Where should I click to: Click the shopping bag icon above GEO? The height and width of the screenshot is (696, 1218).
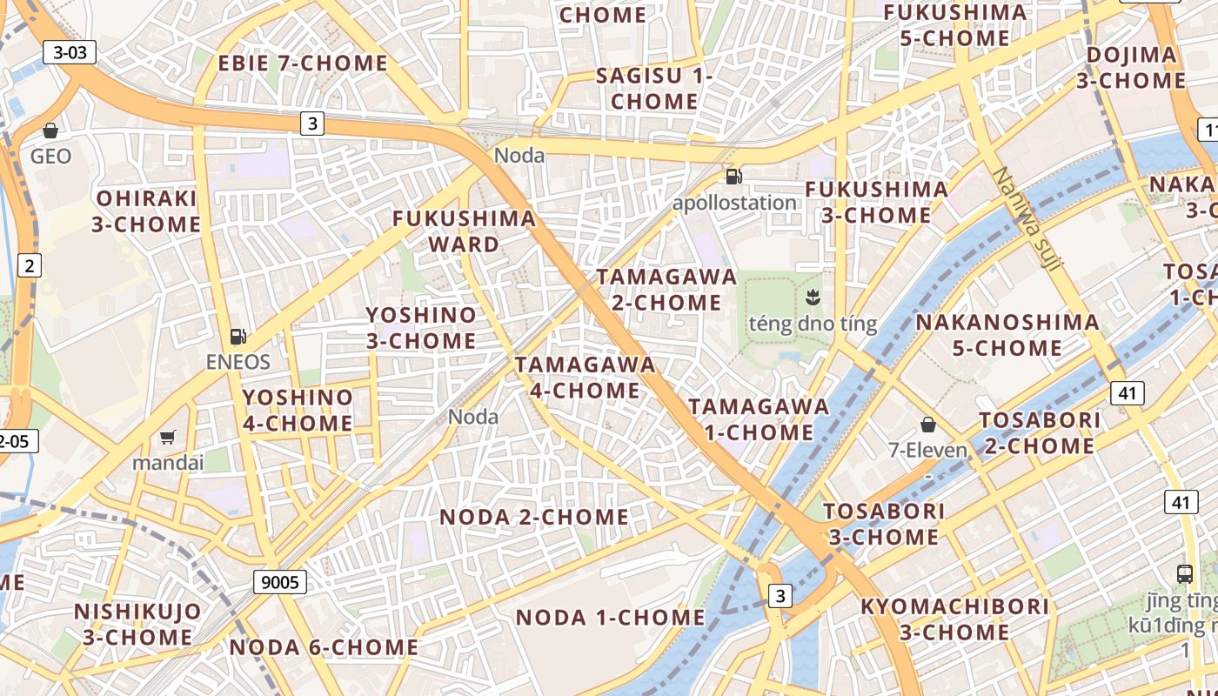50,130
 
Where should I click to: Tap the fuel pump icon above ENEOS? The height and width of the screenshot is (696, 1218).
238,336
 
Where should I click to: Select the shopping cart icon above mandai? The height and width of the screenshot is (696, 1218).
167,437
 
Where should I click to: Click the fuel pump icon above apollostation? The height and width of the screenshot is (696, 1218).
734,177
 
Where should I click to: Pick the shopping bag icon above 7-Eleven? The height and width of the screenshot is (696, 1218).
928,425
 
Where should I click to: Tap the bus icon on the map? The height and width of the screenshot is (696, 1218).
1184,573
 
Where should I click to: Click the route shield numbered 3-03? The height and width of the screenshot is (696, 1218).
70,52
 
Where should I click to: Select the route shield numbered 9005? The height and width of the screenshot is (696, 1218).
280,582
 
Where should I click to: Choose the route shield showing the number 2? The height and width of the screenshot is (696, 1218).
30,265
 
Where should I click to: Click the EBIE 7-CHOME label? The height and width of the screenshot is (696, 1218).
303,64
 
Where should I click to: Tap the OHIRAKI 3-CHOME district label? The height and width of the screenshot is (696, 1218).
146,211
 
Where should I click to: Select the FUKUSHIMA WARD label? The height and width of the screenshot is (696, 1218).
464,231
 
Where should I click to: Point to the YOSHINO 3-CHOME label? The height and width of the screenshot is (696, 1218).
421,327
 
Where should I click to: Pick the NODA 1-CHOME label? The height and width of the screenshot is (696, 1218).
610,618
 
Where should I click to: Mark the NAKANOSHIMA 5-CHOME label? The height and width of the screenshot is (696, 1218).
1007,335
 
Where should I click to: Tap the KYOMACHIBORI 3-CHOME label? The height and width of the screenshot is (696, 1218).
954,619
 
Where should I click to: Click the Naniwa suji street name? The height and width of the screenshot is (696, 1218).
1026,217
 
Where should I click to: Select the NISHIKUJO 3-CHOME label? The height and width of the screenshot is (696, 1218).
137,624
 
